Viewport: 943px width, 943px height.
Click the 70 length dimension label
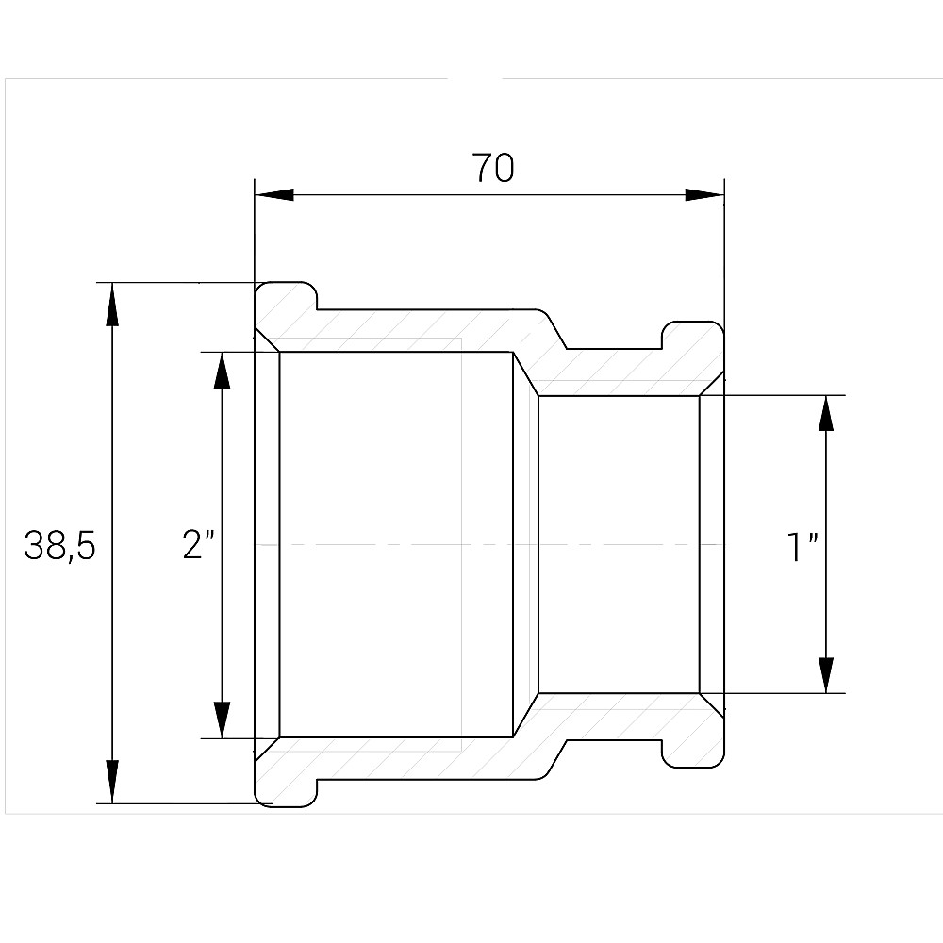[492, 168]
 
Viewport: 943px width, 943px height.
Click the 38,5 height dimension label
[59, 546]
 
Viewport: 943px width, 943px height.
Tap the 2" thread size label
[198, 544]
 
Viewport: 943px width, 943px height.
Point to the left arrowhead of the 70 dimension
[274, 195]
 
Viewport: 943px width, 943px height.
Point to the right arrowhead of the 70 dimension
[704, 195]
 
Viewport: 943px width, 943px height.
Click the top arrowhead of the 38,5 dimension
[112, 305]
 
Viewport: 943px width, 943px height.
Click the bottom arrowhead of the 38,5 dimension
[112, 782]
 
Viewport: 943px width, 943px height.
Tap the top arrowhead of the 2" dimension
[222, 373]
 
